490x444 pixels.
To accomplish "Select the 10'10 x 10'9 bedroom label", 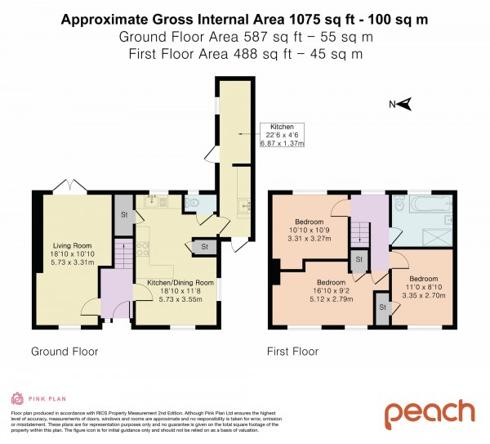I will tap(310, 232).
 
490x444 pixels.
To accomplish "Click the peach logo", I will tap(430, 413).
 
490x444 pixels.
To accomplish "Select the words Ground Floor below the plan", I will tap(65, 352).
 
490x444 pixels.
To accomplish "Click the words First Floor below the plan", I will tap(293, 352).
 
